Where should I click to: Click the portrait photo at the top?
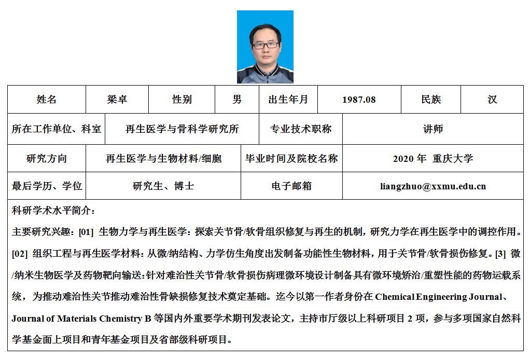coord(265,47)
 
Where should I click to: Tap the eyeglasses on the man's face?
coord(266,45)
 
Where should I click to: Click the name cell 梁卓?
coord(117,100)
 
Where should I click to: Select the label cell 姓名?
coord(47,100)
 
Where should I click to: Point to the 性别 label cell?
coord(182,100)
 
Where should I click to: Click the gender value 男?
coord(237,100)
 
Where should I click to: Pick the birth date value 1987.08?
coord(359,100)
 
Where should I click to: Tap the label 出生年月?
coord(288,100)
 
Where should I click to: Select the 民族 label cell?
coord(431,100)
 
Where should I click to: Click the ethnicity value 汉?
coord(492,100)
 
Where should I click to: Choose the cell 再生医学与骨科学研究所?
coord(182,129)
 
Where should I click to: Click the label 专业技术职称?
coord(301,129)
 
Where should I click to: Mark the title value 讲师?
coord(433,129)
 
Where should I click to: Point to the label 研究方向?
coord(47,159)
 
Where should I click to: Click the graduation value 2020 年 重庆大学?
coord(433,159)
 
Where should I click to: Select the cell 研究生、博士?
coord(163,186)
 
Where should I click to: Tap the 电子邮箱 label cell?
coord(291,186)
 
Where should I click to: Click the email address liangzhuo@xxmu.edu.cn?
coord(433,186)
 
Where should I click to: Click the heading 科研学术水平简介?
coord(53,211)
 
